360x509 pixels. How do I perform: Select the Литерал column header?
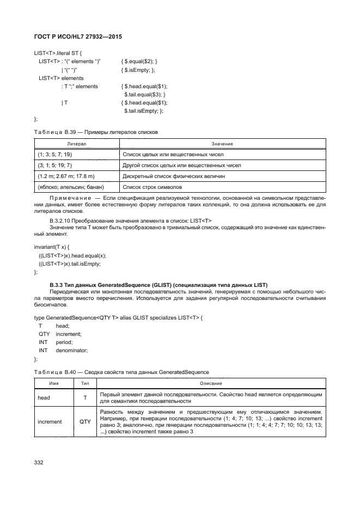click(76, 144)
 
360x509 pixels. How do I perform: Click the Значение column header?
click(222, 144)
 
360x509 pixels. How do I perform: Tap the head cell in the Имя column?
click(44, 398)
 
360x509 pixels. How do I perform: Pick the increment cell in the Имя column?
click(50, 421)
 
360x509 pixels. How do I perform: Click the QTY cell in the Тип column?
click(85, 421)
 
